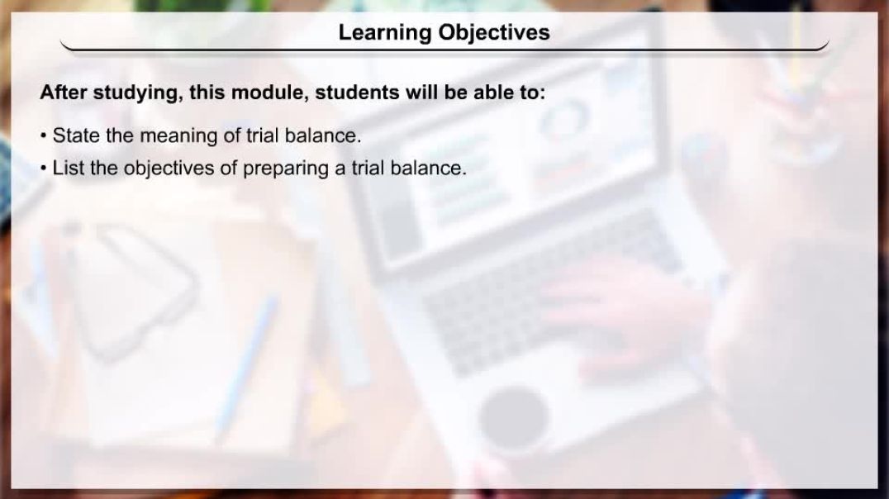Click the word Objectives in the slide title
tap(494, 32)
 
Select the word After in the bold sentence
tap(64, 93)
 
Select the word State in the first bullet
tap(75, 135)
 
